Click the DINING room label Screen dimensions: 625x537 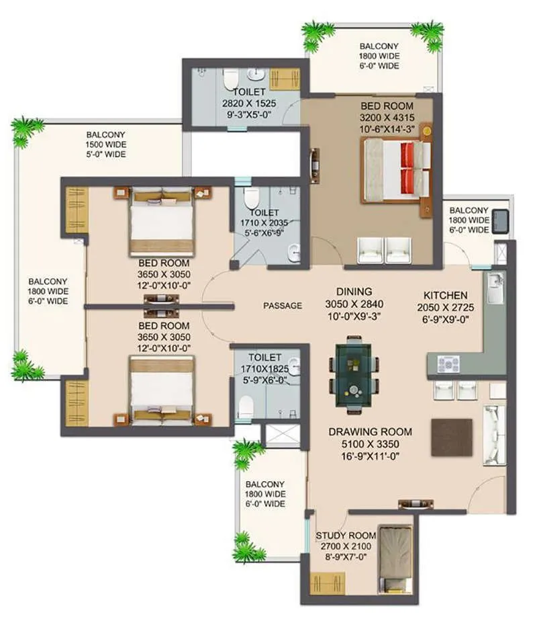[354, 292]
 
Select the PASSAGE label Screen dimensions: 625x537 [283, 305]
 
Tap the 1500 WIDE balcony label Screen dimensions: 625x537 [105, 144]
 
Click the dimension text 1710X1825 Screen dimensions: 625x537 [264, 369]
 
